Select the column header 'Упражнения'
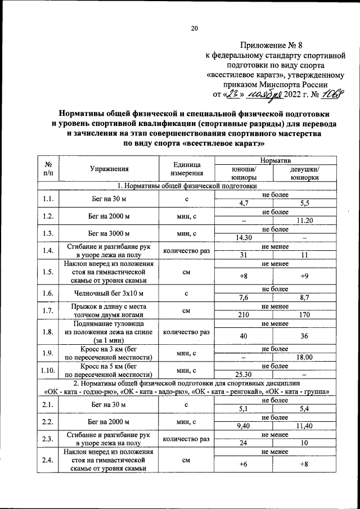(x=109, y=169)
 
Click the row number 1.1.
(x=48, y=198)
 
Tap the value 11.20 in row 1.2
(x=305, y=220)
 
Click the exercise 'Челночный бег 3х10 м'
(x=109, y=293)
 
